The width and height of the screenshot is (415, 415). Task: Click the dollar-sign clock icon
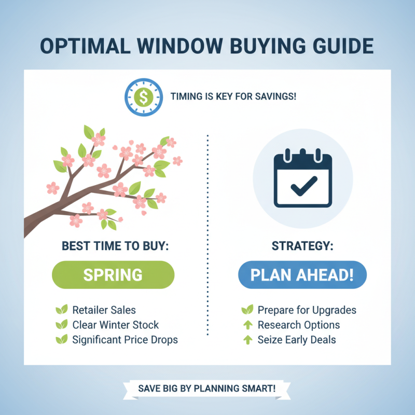[x=142, y=96]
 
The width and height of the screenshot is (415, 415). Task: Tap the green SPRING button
[x=113, y=275]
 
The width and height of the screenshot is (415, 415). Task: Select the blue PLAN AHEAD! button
[x=302, y=275]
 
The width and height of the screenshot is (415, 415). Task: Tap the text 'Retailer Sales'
[x=104, y=310]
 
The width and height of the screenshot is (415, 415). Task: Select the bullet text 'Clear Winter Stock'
[x=115, y=325]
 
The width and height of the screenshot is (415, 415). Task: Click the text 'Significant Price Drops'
[x=125, y=340]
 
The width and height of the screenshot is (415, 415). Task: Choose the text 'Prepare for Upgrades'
[x=307, y=310]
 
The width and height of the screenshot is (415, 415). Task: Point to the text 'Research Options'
[x=298, y=325]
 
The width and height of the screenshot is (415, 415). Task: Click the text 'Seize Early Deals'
[x=296, y=340]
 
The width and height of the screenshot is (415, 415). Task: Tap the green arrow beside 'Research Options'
[x=248, y=325]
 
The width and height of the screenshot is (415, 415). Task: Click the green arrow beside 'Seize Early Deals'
[x=248, y=340]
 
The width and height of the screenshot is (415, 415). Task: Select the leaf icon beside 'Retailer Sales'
[x=61, y=310]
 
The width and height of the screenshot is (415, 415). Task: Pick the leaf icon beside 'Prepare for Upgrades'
[x=247, y=310]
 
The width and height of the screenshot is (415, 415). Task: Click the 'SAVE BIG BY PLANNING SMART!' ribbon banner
[x=206, y=388]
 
